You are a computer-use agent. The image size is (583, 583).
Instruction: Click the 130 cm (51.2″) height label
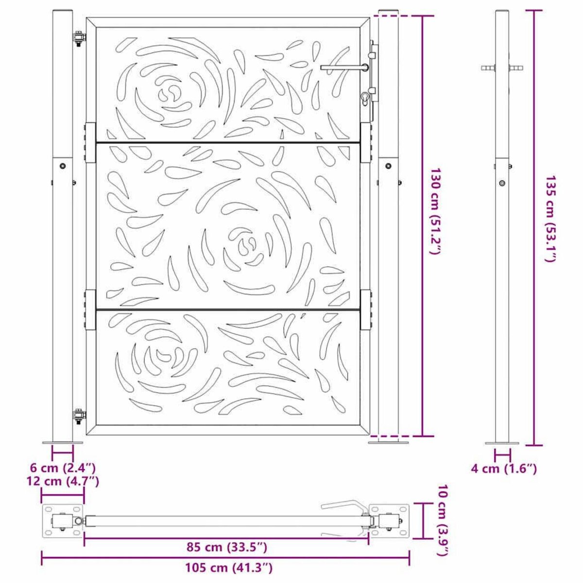tap(436, 212)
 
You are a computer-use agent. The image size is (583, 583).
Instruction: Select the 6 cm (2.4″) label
tap(63, 468)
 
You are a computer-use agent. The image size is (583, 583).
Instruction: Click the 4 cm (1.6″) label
tap(504, 468)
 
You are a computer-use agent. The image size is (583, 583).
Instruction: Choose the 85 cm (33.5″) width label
tap(227, 547)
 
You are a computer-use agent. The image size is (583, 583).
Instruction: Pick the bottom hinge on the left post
tap(78, 415)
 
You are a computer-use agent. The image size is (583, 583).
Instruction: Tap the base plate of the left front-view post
tap(62, 442)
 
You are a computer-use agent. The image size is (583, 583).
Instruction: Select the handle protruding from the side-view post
tap(503, 68)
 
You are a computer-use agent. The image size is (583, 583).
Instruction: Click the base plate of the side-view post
tap(502, 443)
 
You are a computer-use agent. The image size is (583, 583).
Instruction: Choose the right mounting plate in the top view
tap(389, 521)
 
